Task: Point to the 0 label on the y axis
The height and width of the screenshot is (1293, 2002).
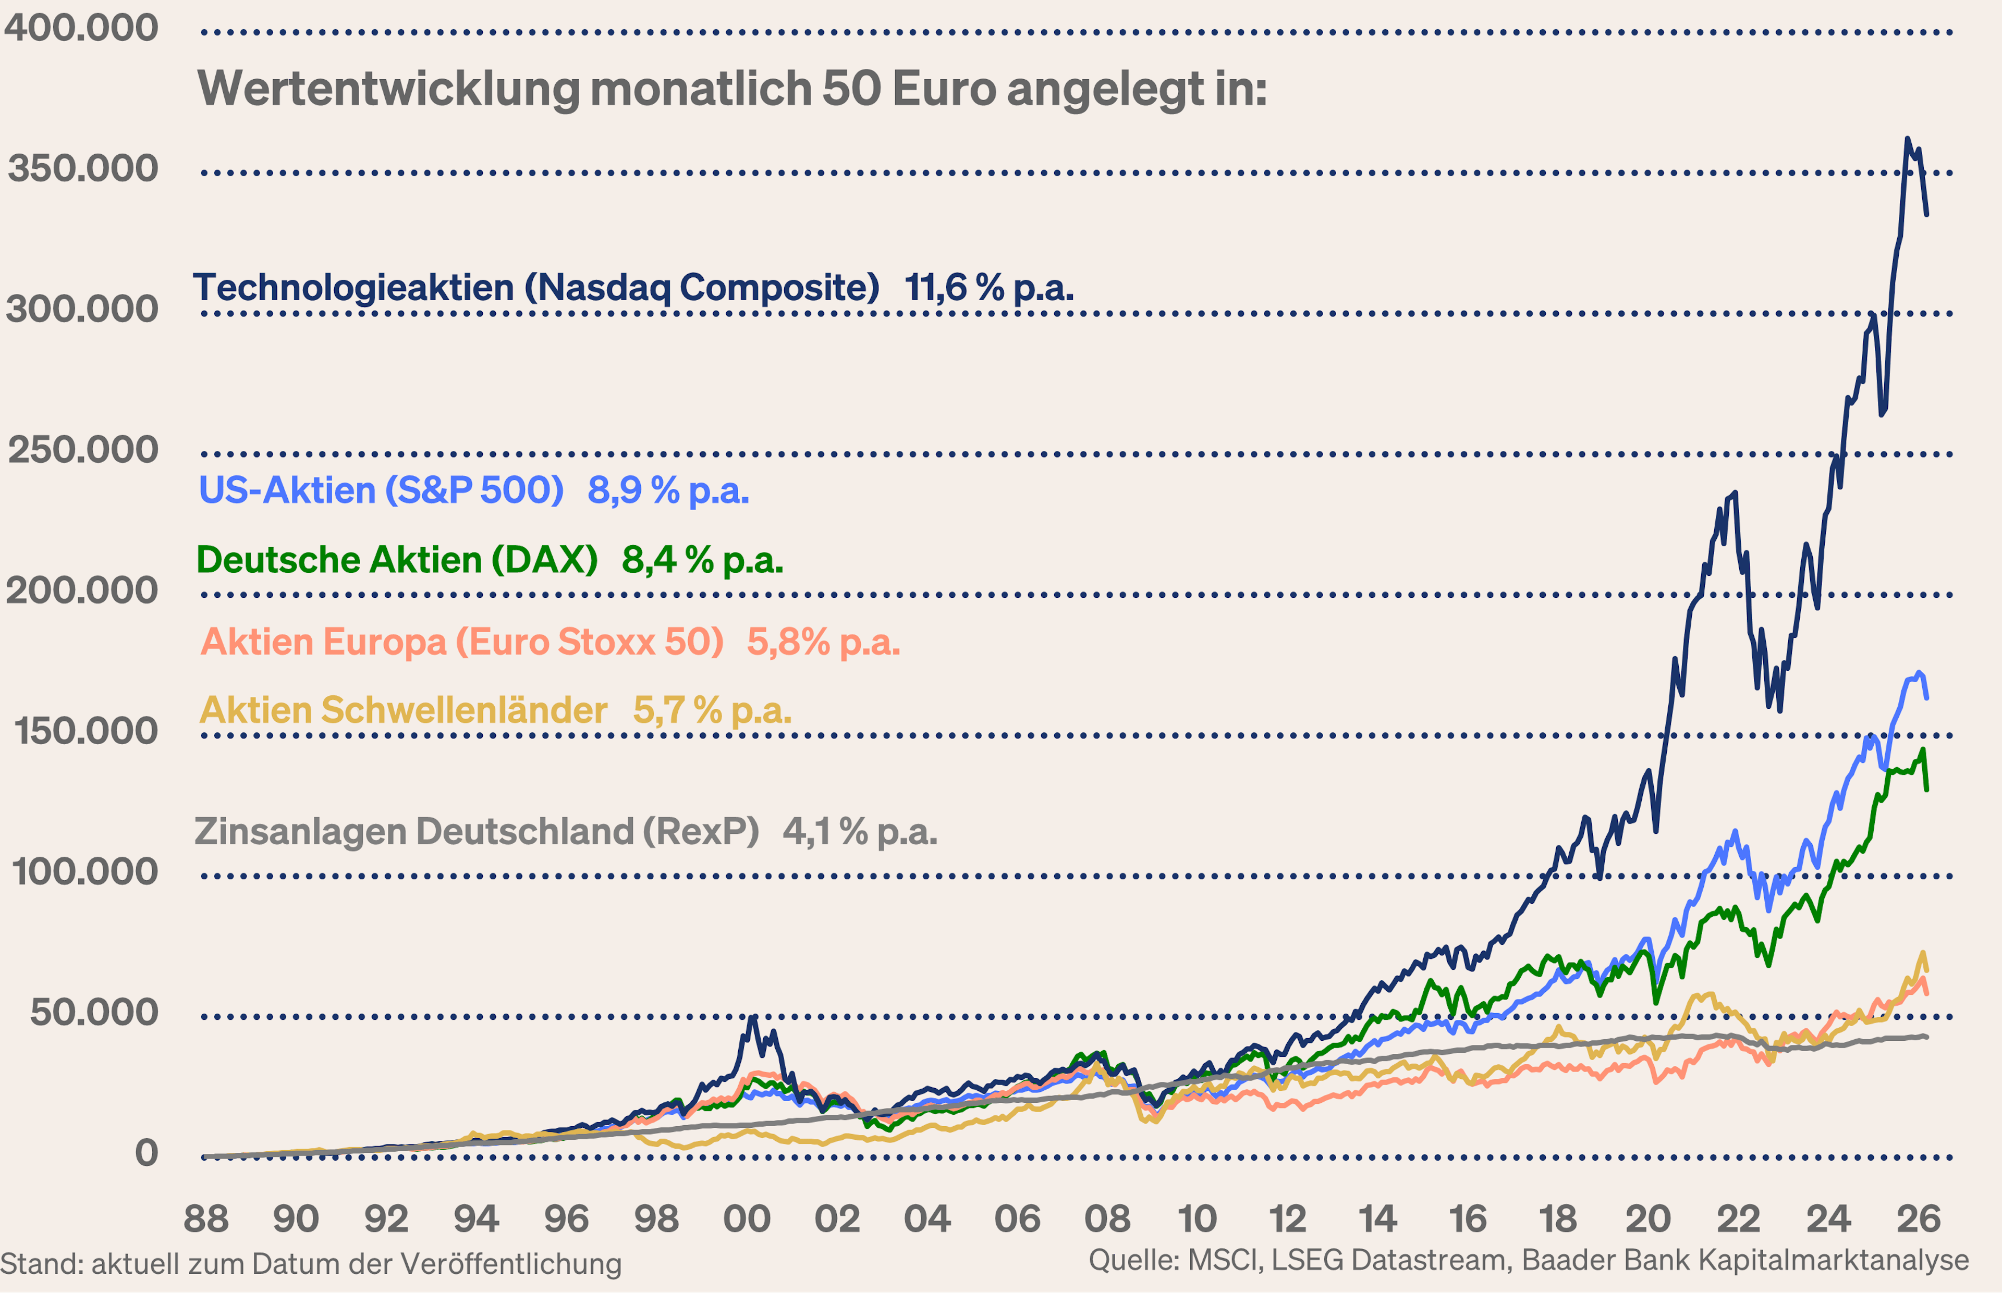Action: pyautogui.click(x=146, y=1153)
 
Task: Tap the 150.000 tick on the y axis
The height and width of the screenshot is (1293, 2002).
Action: pyautogui.click(x=85, y=731)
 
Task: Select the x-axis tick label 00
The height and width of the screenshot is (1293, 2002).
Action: pyautogui.click(x=747, y=1218)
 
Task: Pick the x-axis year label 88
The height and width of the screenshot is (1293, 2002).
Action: pyautogui.click(x=206, y=1218)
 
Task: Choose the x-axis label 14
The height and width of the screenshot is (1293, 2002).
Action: pyautogui.click(x=1377, y=1218)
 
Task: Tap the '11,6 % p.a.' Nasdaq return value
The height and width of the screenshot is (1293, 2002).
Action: pyautogui.click(x=988, y=288)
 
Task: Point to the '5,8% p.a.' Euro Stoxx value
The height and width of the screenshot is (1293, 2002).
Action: pyautogui.click(x=823, y=642)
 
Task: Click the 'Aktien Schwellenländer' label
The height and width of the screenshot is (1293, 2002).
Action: pyautogui.click(x=403, y=710)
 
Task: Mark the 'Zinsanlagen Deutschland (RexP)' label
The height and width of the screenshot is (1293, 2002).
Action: pyautogui.click(x=476, y=831)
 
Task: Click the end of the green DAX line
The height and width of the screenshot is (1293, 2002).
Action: pyautogui.click(x=1926, y=789)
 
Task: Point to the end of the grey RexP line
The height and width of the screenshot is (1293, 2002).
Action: pyautogui.click(x=1926, y=1037)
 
